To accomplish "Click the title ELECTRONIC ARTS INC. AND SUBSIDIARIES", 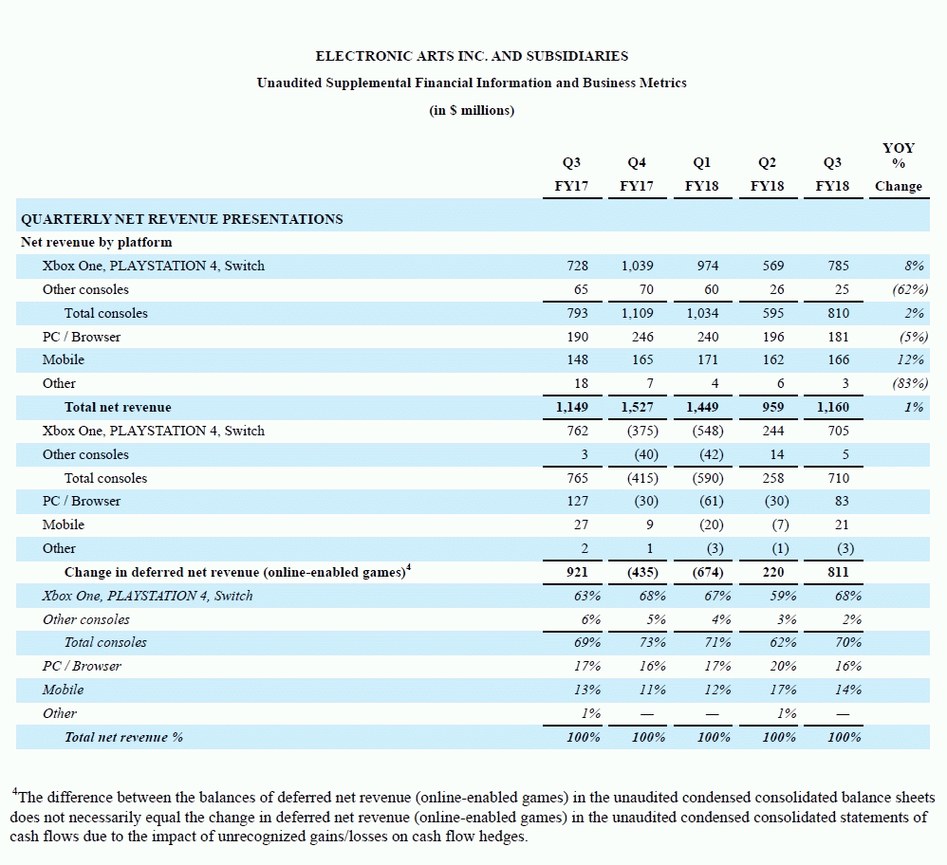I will (472, 56).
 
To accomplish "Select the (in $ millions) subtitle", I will (472, 110).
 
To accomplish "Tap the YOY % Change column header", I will (898, 167).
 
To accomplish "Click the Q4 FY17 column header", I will (637, 175).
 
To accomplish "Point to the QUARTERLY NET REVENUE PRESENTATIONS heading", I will (182, 219).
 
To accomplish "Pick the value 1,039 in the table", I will (638, 266).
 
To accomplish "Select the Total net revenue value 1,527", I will (638, 407).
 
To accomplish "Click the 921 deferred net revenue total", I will (575, 572).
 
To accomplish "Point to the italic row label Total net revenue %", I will (123, 737).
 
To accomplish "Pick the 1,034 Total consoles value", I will (702, 313).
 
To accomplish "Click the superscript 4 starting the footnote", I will (15, 791).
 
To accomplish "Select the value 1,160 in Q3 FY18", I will (831, 407).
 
